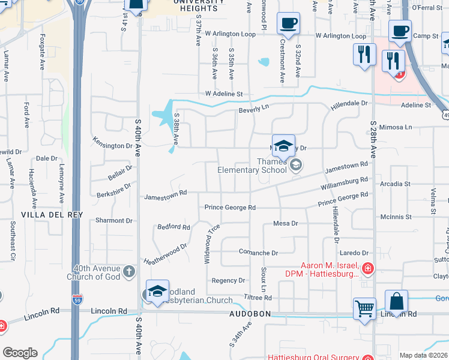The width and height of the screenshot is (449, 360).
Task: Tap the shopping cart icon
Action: click(364, 309)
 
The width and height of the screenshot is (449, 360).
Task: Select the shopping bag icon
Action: click(397, 301)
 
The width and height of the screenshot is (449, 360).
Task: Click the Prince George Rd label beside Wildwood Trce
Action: click(231, 208)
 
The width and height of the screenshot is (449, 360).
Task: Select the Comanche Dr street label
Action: click(259, 253)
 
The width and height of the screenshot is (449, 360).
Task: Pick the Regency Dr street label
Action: click(229, 280)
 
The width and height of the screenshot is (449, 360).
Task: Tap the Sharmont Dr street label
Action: click(113, 221)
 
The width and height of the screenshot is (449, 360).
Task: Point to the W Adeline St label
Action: click(223, 94)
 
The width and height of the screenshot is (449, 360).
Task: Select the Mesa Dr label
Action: click(286, 223)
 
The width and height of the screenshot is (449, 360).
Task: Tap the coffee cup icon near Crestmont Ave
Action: click(288, 24)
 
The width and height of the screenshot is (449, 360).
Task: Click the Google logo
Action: click(20, 353)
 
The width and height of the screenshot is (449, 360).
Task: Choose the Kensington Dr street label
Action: click(112, 146)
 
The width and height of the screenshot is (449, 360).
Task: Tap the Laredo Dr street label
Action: click(354, 253)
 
